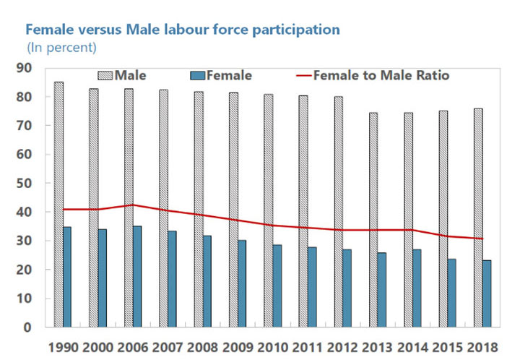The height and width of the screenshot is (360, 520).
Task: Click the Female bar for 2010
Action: point(277,286)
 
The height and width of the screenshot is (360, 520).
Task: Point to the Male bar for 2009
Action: point(233,210)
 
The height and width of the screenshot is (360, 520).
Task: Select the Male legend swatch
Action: point(105,75)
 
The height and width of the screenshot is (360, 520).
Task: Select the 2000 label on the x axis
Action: point(98,346)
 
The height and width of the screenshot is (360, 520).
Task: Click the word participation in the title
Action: point(294,30)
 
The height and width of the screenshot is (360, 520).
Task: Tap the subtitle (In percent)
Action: point(61,48)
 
